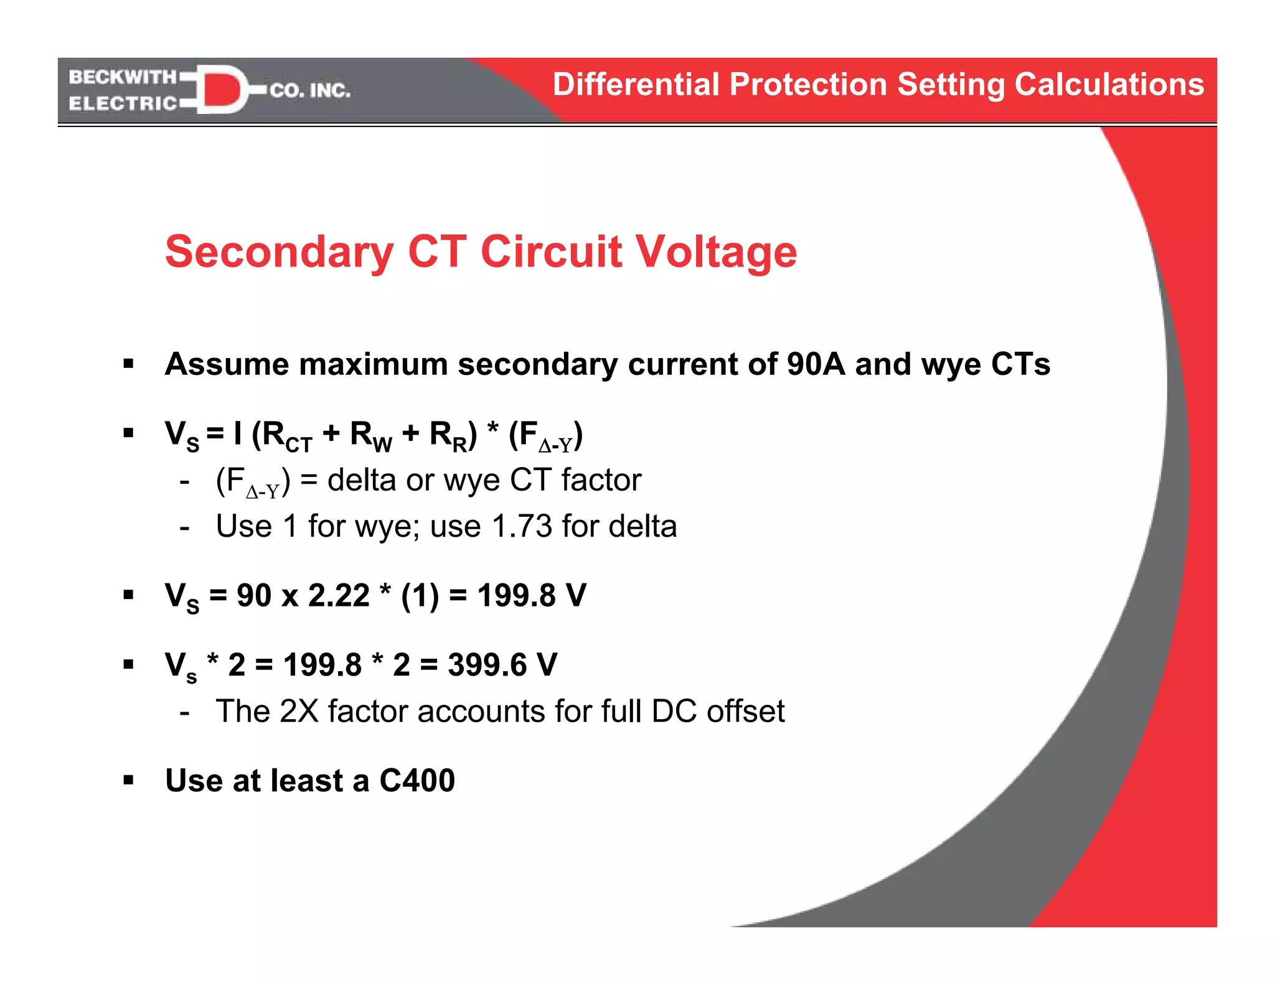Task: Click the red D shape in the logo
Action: [x=221, y=90]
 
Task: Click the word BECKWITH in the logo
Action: [x=123, y=77]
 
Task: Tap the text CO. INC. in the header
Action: [x=310, y=91]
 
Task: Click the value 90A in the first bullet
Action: [x=816, y=364]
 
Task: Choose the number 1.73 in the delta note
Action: [x=522, y=526]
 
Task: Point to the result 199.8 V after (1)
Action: [x=532, y=595]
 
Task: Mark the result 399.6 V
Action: [x=502, y=665]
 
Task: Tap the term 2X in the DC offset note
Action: [x=299, y=711]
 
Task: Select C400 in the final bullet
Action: [x=417, y=781]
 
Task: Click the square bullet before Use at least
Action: [x=129, y=780]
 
